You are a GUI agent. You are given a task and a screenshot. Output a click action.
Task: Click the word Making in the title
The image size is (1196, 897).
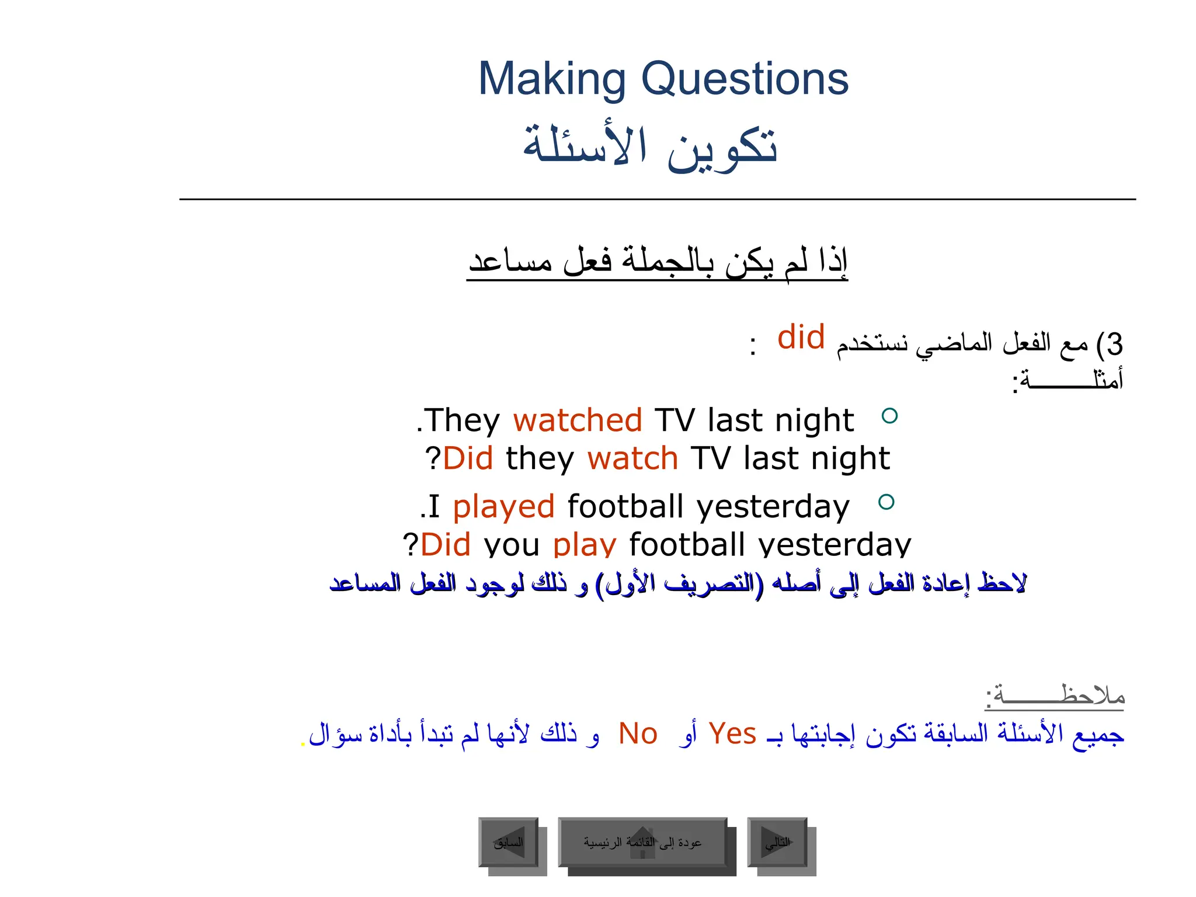point(552,79)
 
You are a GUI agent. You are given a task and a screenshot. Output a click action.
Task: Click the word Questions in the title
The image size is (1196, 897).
point(745,79)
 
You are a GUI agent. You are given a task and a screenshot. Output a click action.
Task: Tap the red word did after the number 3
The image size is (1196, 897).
point(801,338)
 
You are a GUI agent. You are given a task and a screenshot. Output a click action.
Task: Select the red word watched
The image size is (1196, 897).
point(578,420)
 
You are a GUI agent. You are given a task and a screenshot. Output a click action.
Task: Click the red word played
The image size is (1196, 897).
point(503,506)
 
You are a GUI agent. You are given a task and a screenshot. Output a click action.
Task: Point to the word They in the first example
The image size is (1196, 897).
point(461,420)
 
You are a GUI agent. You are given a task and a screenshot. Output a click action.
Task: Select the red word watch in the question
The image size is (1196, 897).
point(632,458)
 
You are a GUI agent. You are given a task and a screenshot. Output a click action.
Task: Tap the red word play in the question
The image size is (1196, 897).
point(585,544)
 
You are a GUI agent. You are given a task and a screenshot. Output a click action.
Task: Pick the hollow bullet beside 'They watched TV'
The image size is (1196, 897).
point(889,416)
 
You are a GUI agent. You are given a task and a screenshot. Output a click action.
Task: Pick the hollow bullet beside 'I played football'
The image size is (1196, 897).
point(886,502)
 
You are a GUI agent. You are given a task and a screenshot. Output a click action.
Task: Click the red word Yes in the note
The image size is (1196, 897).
point(732,734)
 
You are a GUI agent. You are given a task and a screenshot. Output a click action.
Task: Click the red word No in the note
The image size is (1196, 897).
point(638,734)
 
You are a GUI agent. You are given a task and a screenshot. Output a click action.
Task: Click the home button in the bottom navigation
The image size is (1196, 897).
point(642,842)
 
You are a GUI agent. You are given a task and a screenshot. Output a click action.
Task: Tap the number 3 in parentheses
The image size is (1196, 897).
point(1115,345)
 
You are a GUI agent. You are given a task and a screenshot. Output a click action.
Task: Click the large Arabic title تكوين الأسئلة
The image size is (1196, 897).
point(650,147)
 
